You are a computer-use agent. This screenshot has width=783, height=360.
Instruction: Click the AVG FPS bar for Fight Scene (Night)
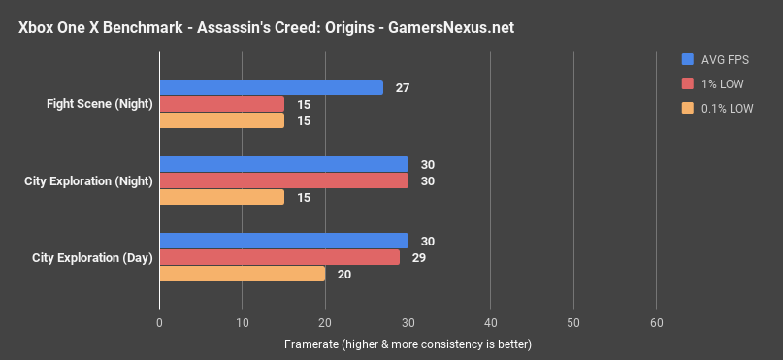(271, 87)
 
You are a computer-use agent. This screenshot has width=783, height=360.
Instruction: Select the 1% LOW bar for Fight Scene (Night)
(221, 104)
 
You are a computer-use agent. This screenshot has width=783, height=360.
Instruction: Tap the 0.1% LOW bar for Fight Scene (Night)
(221, 120)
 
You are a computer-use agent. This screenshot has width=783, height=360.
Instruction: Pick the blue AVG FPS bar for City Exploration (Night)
(283, 164)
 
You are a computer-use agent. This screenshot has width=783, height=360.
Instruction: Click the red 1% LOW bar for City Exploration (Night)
(283, 180)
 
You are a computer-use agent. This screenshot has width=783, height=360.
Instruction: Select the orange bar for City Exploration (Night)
(221, 197)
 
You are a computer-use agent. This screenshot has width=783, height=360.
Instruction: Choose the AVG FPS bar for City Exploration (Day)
(283, 241)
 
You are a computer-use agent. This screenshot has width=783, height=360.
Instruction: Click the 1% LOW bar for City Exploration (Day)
(279, 257)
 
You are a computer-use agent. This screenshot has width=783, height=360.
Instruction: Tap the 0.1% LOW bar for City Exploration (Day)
(242, 274)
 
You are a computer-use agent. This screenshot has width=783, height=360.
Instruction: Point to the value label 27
(402, 87)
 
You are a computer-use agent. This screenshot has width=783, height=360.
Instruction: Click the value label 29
(418, 257)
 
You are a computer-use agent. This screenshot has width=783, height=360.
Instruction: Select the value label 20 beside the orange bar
(343, 275)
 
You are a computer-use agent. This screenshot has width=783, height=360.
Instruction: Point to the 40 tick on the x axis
(491, 322)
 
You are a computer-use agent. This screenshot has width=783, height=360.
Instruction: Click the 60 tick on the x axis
(657, 322)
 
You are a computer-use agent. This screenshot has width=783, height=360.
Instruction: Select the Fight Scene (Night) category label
(99, 103)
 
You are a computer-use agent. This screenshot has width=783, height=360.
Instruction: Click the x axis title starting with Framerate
(408, 344)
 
